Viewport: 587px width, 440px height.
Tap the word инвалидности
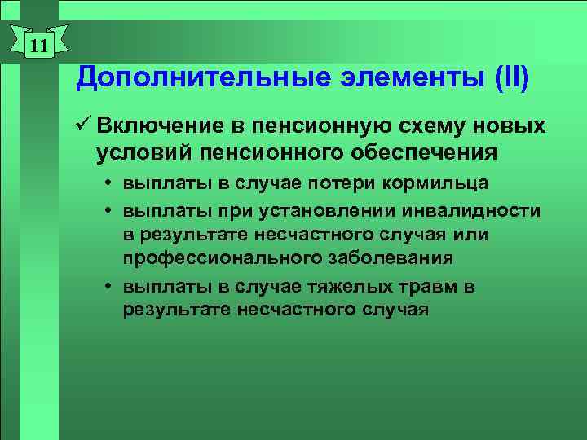tap(481, 211)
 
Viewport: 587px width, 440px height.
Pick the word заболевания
tap(384, 258)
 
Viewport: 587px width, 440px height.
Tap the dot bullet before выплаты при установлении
tap(108, 211)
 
